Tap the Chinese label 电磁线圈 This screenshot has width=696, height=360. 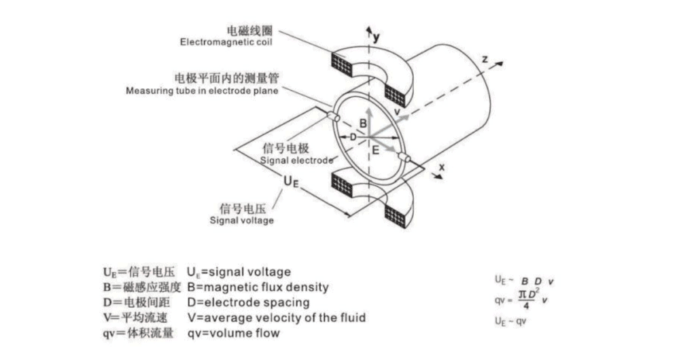tap(249, 31)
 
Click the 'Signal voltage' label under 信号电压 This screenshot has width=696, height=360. tap(241, 220)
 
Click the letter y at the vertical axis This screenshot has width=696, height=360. tap(377, 38)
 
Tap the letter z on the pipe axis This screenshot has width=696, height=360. tap(485, 60)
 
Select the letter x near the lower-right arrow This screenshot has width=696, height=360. tap(442, 166)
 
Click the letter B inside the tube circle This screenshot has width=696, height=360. tap(363, 124)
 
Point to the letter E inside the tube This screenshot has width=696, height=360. tap(375, 150)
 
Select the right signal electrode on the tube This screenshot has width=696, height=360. tap(407, 158)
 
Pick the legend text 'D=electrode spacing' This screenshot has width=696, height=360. tap(248, 302)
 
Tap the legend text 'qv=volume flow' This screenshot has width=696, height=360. tap(233, 333)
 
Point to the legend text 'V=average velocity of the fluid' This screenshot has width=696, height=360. tap(276, 317)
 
